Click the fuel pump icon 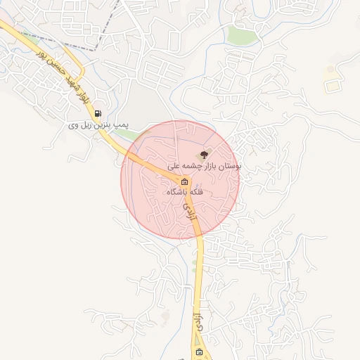coord(97,113)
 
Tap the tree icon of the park coord(203,154)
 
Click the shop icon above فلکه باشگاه coord(185,181)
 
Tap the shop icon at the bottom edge coord(199,352)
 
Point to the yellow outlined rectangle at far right coord(333,86)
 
